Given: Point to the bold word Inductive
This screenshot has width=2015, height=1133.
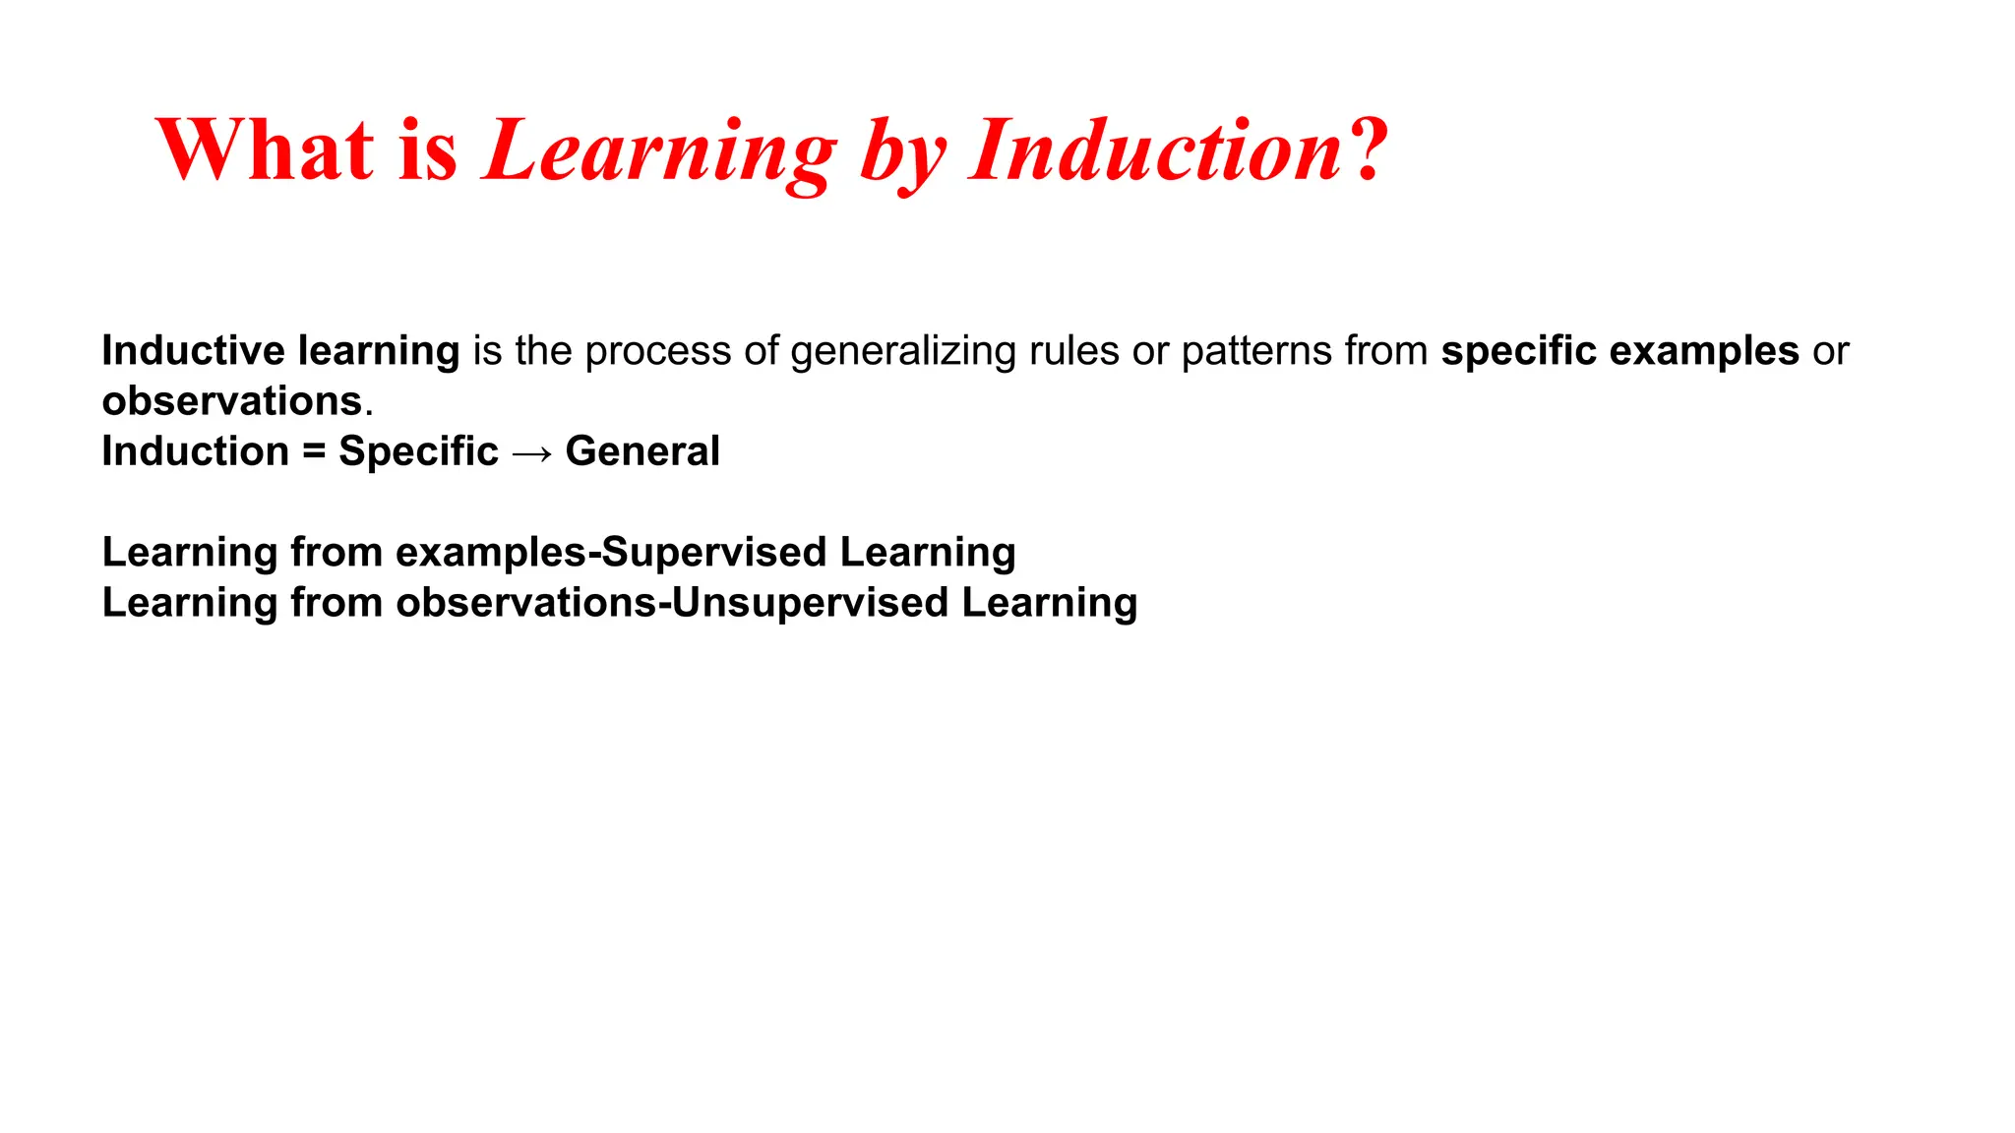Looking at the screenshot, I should pos(193,351).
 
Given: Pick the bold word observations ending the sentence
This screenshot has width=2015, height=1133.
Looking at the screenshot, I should pos(232,401).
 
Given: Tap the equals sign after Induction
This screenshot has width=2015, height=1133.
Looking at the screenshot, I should pos(314,452).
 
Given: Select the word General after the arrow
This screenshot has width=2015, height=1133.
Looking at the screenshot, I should pos(642,451).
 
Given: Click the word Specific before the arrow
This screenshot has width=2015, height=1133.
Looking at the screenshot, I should pos(418,452).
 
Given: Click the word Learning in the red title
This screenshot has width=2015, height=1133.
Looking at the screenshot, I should pos(659,153).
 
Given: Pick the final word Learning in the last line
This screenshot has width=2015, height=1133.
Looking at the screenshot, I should pos(1049,603).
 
